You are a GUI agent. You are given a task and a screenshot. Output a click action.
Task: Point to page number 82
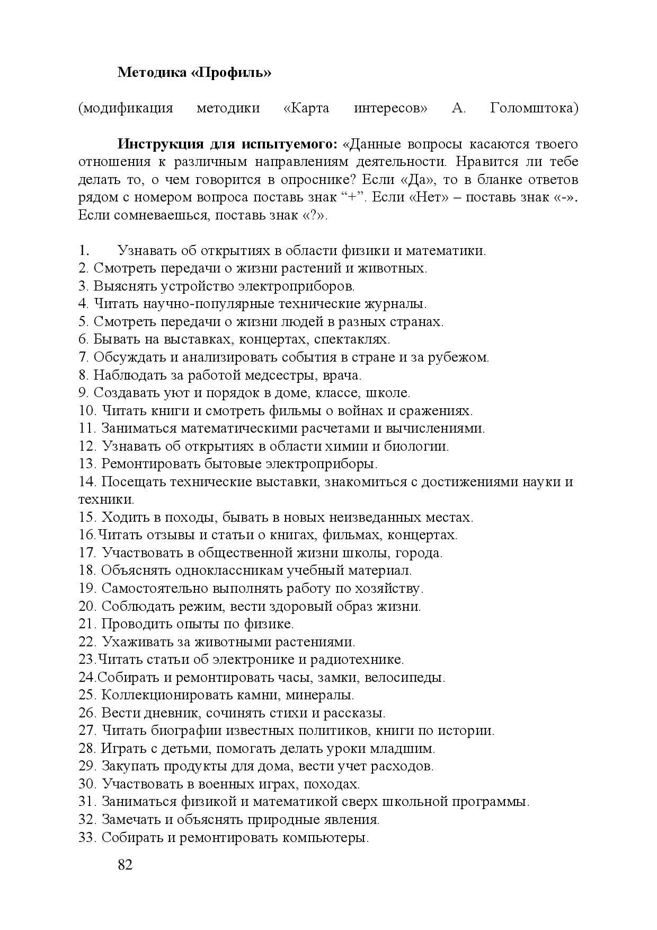[x=125, y=865]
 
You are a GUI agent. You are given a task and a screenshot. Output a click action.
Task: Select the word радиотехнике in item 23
[x=361, y=660]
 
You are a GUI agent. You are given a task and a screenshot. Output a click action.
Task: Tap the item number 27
[x=86, y=731]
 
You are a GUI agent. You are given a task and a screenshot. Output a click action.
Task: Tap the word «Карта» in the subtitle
[x=306, y=108]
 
